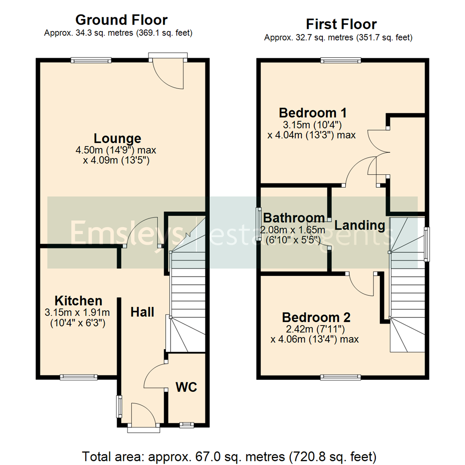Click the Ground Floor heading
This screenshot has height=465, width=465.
121,20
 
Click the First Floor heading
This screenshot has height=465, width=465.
341,24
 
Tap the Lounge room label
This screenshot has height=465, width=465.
118,139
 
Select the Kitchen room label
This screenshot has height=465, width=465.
78,301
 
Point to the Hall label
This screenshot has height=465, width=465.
142,312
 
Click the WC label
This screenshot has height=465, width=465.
186,387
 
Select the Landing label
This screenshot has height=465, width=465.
360,225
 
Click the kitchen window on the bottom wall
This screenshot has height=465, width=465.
79,377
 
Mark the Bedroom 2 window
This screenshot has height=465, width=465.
341,377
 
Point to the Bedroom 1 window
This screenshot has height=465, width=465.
341,60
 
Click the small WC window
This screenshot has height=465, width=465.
186,425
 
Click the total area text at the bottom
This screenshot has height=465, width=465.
229,455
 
